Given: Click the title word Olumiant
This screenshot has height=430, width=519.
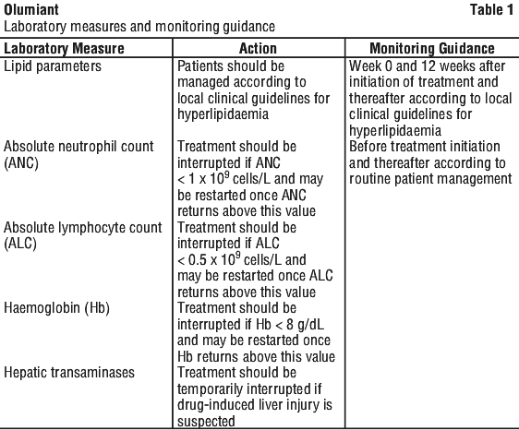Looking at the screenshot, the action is tap(31, 9).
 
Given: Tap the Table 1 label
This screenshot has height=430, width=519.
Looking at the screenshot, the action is tap(491, 9).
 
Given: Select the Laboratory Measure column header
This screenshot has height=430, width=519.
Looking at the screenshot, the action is tap(64, 48).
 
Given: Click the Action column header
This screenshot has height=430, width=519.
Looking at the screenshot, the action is tap(258, 48).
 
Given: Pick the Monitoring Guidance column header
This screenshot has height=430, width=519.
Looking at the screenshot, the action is tap(432, 48).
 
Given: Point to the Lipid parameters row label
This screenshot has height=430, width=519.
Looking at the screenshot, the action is tap(53, 66).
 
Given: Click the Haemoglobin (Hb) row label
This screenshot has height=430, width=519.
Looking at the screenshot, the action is tap(56, 308).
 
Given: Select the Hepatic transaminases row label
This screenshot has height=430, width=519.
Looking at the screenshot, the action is tap(69, 373).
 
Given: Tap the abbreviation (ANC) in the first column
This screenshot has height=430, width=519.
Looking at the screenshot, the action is tap(21, 163).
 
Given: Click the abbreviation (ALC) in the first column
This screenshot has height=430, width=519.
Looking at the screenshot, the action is tap(20, 244).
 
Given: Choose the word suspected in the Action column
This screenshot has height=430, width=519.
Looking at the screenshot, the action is tap(206, 422).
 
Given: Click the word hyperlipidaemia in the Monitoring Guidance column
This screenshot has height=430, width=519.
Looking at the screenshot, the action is tap(395, 131).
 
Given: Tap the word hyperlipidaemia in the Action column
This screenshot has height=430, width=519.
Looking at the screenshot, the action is tap(223, 114).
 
